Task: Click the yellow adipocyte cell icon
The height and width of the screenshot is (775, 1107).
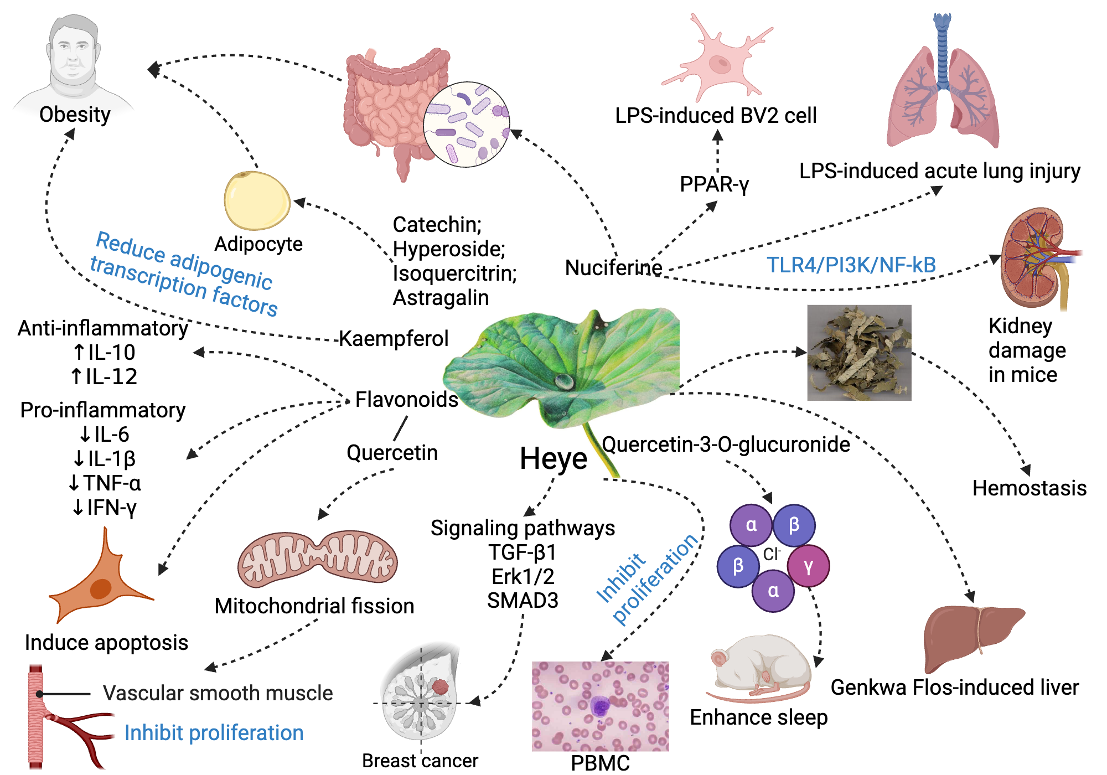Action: tap(257, 200)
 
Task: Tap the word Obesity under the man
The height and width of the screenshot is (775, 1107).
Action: tap(75, 115)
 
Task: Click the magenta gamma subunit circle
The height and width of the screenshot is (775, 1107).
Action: tap(808, 566)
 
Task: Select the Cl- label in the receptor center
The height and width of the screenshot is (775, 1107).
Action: tap(771, 554)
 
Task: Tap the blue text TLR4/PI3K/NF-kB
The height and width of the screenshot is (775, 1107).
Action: tap(851, 265)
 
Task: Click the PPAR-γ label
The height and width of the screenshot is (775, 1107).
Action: tap(714, 184)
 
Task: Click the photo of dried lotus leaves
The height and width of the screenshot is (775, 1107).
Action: tap(859, 353)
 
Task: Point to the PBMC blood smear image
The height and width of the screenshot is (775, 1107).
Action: tap(600, 706)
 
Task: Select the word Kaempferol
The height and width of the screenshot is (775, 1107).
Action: tap(394, 338)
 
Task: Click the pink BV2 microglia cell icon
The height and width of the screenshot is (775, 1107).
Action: tap(717, 61)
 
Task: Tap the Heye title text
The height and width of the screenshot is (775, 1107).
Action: tap(553, 458)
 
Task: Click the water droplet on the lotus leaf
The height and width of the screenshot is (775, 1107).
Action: tap(564, 381)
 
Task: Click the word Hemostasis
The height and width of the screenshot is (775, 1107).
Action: tap(1029, 488)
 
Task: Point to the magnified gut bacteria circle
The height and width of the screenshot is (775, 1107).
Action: tap(466, 125)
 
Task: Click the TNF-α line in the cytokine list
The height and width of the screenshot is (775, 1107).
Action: tap(105, 483)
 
